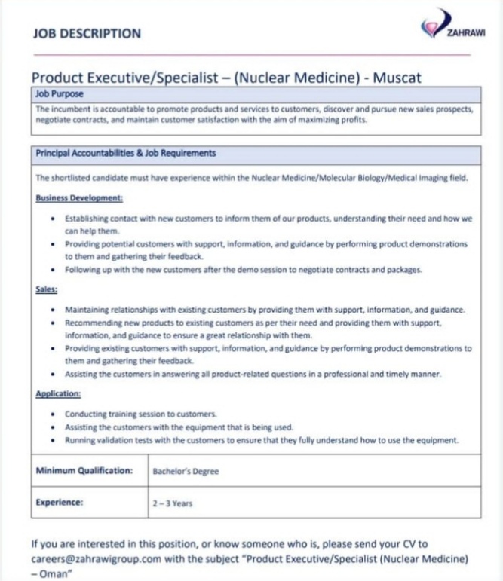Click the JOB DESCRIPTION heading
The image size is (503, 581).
click(x=87, y=34)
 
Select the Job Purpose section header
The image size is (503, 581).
click(x=60, y=95)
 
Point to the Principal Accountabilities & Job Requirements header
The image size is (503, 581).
click(x=126, y=154)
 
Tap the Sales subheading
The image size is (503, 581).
click(x=47, y=289)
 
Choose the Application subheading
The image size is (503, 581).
click(x=59, y=393)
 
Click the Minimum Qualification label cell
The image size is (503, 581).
click(x=84, y=471)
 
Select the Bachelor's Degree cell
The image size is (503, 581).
click(x=186, y=472)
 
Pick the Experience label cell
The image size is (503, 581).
click(x=60, y=502)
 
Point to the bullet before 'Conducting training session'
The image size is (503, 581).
click(x=51, y=414)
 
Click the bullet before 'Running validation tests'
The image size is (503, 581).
click(x=51, y=440)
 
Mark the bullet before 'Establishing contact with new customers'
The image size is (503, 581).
click(x=51, y=219)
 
